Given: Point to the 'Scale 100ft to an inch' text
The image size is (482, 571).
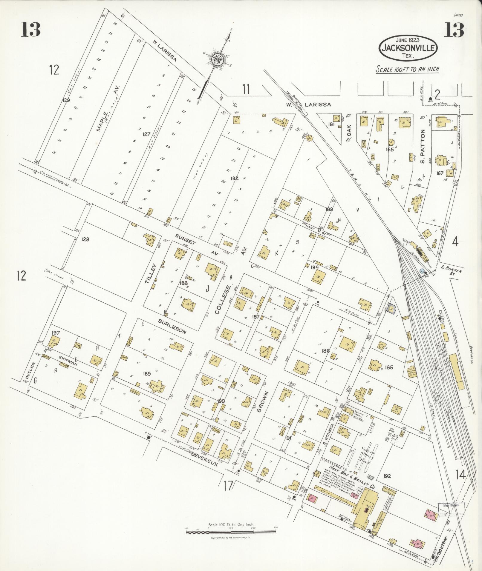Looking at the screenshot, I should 407,69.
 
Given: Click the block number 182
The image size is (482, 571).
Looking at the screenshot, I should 234,178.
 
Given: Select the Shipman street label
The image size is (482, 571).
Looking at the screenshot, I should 68,360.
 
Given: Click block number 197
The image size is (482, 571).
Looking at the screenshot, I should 56,332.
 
